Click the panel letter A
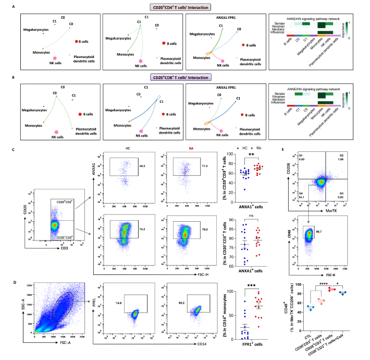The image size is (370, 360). (x=19, y=6)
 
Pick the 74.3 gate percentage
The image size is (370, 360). (x=140, y=222)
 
